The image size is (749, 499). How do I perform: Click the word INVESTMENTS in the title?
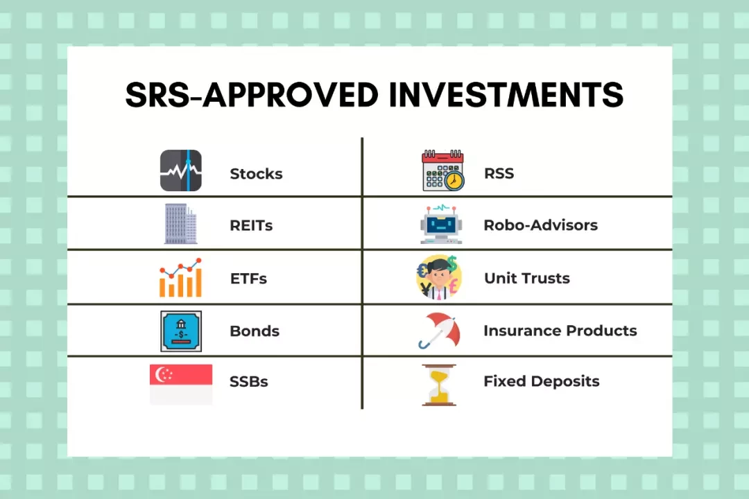tap(506, 94)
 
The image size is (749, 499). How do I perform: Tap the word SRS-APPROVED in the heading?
tap(252, 94)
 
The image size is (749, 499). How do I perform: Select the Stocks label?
tap(256, 174)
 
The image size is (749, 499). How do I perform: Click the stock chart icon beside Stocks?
tap(181, 170)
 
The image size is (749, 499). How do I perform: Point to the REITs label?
tap(251, 225)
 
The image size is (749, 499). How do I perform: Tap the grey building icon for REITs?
tap(180, 224)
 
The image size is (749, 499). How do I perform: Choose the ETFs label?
tap(248, 279)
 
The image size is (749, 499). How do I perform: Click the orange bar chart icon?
tap(180, 278)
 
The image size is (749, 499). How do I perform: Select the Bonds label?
tap(255, 331)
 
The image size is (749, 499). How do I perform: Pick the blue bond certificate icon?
tap(181, 331)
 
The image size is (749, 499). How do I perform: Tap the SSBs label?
tap(249, 382)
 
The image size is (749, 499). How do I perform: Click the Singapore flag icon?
tap(181, 385)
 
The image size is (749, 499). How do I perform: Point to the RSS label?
tap(499, 173)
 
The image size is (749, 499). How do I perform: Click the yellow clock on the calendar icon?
tap(454, 180)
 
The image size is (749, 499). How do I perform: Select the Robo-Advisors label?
tap(541, 225)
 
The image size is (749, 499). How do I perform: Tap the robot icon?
tap(441, 225)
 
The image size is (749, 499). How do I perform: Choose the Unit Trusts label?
tap(527, 278)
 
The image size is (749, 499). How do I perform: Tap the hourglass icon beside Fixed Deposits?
tap(439, 385)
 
